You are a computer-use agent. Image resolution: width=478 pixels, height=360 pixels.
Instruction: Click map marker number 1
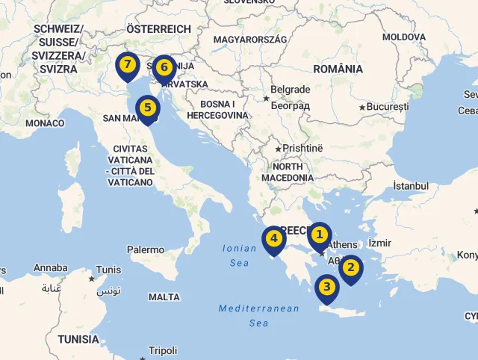[x=319, y=235]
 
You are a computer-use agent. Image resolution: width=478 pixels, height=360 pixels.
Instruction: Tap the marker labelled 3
[x=326, y=288]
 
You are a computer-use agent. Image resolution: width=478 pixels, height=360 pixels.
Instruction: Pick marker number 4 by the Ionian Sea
[x=274, y=240]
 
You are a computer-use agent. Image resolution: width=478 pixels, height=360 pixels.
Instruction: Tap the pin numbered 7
[x=128, y=65]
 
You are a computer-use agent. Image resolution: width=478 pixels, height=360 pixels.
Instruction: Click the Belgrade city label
[x=290, y=90]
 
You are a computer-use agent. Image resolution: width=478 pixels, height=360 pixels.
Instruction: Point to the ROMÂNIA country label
[x=338, y=69]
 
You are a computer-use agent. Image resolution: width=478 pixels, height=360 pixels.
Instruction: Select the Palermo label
[x=146, y=249]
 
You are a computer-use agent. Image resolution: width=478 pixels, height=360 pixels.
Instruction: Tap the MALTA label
[x=164, y=297]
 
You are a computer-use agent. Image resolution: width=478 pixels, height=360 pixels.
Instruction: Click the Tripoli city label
[x=163, y=350]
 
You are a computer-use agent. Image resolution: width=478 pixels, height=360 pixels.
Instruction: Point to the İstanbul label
[x=411, y=185]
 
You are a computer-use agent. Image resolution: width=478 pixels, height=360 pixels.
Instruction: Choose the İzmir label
[x=379, y=243]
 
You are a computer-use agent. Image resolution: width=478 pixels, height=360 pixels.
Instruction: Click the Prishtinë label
[x=302, y=148]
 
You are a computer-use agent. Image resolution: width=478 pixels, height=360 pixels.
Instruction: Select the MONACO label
[x=45, y=122]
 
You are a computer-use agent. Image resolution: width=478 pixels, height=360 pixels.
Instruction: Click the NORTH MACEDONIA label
[x=288, y=172]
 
